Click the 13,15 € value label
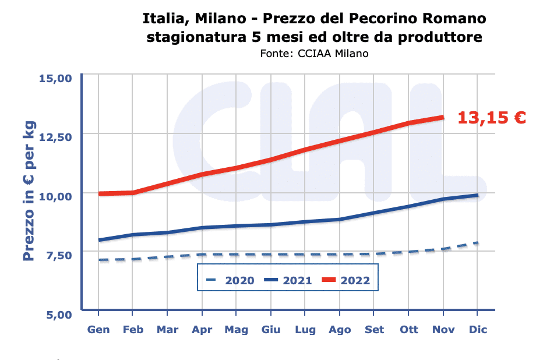(491, 118)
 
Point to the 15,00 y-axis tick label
(55, 79)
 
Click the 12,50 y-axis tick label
(55, 137)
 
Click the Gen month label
(98, 330)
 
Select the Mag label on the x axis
(237, 330)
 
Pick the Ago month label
(340, 330)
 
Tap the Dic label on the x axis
(478, 330)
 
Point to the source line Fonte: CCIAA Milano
(315, 54)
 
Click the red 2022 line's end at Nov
(443, 117)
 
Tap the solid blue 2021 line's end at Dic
(478, 195)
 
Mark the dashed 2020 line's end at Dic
(478, 243)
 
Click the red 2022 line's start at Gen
(98, 193)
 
